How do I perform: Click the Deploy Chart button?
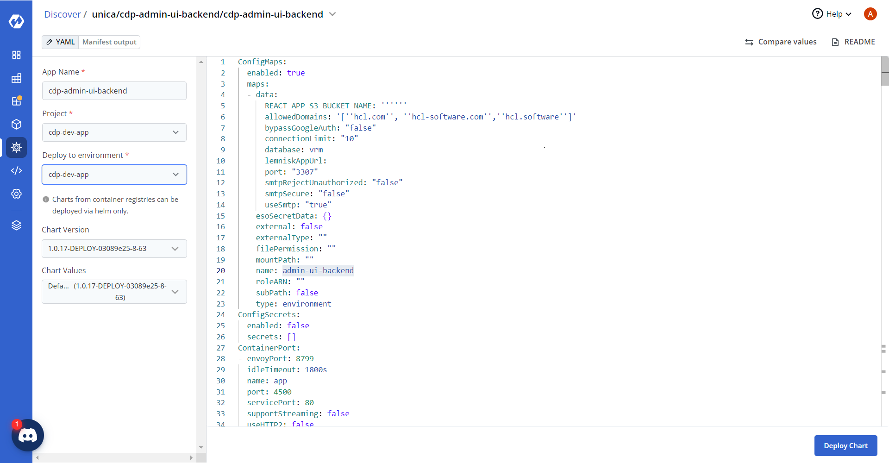[845, 445]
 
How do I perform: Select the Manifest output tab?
[109, 42]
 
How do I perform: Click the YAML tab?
[60, 42]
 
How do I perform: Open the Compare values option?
[781, 42]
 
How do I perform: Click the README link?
[853, 42]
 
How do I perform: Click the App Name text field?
[114, 91]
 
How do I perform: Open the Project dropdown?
[114, 132]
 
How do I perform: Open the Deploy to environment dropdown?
[114, 175]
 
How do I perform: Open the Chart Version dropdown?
[114, 249]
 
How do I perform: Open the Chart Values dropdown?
[114, 292]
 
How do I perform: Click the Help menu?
[832, 14]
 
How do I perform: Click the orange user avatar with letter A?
[870, 14]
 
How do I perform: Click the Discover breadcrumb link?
[63, 14]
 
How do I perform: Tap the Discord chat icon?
[28, 435]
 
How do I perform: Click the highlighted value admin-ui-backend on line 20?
[318, 271]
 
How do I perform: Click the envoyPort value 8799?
[305, 359]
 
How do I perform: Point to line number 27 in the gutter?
[221, 348]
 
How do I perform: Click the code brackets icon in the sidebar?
[16, 171]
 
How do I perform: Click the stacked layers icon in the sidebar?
[16, 225]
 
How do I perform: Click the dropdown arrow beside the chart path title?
[332, 14]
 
